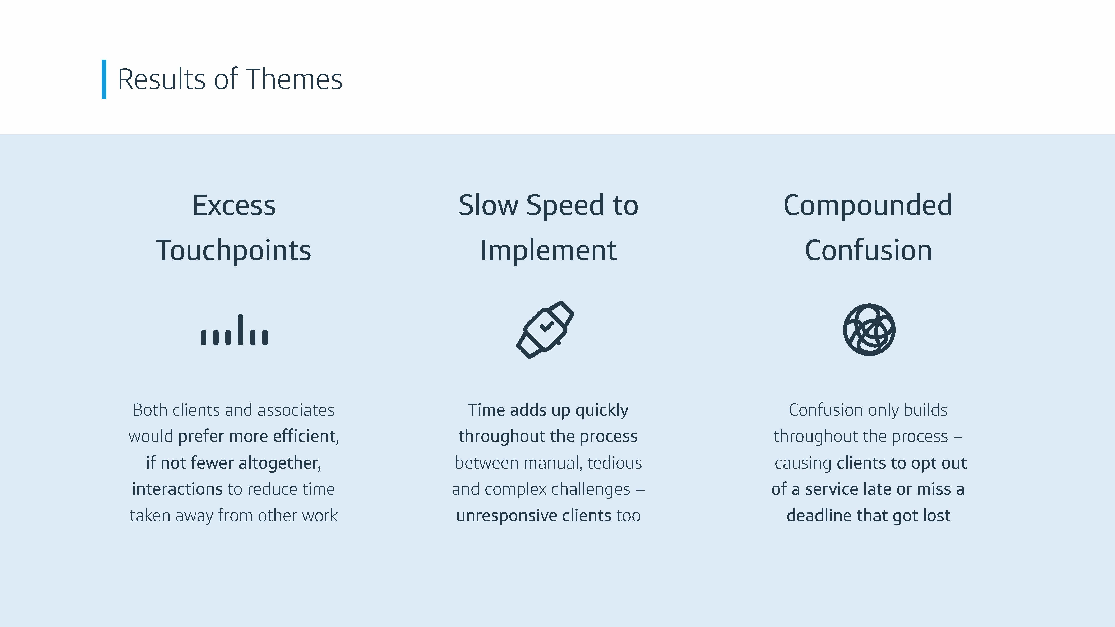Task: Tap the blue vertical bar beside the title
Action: click(x=104, y=79)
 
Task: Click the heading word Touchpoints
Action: click(x=234, y=251)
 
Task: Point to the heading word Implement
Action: click(x=549, y=251)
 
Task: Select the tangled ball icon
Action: click(x=869, y=330)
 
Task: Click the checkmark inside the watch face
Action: click(x=546, y=326)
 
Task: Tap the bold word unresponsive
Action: click(x=506, y=516)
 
